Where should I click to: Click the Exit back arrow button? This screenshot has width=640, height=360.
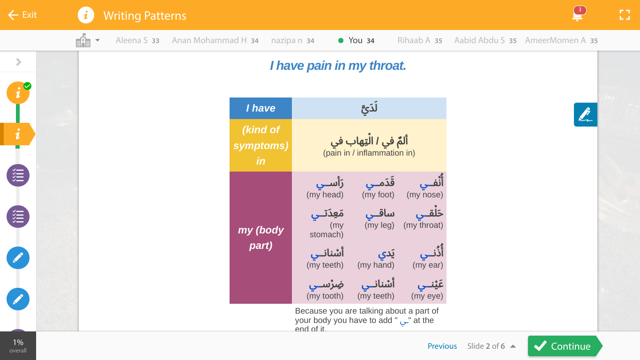22,15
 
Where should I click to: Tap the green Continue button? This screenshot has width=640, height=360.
562,346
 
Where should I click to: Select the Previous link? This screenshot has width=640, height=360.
442,346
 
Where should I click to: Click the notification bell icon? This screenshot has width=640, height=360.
578,15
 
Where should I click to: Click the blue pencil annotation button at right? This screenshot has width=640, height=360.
585,114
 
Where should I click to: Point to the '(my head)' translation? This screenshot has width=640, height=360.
325,195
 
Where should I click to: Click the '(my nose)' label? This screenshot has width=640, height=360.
424,195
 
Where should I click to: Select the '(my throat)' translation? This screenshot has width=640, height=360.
423,225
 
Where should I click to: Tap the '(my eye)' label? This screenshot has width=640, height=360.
427,296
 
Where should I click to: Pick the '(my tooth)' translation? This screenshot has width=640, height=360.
325,296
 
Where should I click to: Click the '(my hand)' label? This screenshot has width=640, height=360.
375,265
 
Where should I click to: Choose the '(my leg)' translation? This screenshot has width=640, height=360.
379,225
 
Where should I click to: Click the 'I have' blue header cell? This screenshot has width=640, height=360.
260,108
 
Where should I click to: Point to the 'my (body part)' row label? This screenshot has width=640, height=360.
260,238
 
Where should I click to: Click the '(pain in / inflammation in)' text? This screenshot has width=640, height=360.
369,153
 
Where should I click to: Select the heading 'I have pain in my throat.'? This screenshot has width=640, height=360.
338,66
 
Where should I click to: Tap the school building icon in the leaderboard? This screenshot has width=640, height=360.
83,40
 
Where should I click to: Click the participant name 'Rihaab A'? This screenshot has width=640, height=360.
414,40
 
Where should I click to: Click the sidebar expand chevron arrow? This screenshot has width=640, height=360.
18,62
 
